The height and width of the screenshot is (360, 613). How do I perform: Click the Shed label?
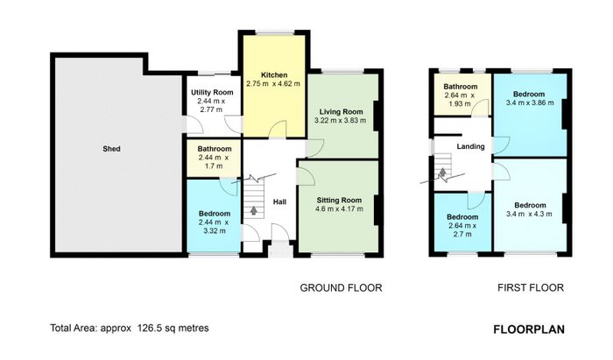coord(111,149)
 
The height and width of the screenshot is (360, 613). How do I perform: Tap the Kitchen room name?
coord(274,75)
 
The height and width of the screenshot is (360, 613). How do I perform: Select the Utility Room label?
coord(212,93)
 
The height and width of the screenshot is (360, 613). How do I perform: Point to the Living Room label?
coord(341,112)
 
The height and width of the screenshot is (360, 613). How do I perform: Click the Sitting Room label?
coord(339,201)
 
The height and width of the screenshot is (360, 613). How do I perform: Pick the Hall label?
coord(279,201)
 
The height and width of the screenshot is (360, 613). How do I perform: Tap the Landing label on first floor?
coord(471,146)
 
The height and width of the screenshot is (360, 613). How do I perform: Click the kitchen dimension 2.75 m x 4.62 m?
coord(273,83)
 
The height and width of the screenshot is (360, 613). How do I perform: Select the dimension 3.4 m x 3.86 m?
coord(530,102)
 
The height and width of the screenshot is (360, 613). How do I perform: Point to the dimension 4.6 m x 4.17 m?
coord(339,209)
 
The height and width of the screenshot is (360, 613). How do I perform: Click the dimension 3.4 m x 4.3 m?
coord(529,214)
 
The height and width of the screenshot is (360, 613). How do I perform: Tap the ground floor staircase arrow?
coord(253,210)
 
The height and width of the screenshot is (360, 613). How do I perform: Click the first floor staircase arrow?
coord(442,173)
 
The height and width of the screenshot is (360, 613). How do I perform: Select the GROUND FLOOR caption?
coord(341,288)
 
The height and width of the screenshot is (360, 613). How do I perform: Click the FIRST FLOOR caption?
coord(531,288)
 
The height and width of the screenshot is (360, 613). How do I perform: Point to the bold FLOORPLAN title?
coord(529,329)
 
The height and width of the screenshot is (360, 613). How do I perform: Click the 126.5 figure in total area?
coord(149,328)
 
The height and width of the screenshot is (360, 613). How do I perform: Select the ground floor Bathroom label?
coord(215,149)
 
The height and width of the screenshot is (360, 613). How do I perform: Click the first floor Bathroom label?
coord(460,87)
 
